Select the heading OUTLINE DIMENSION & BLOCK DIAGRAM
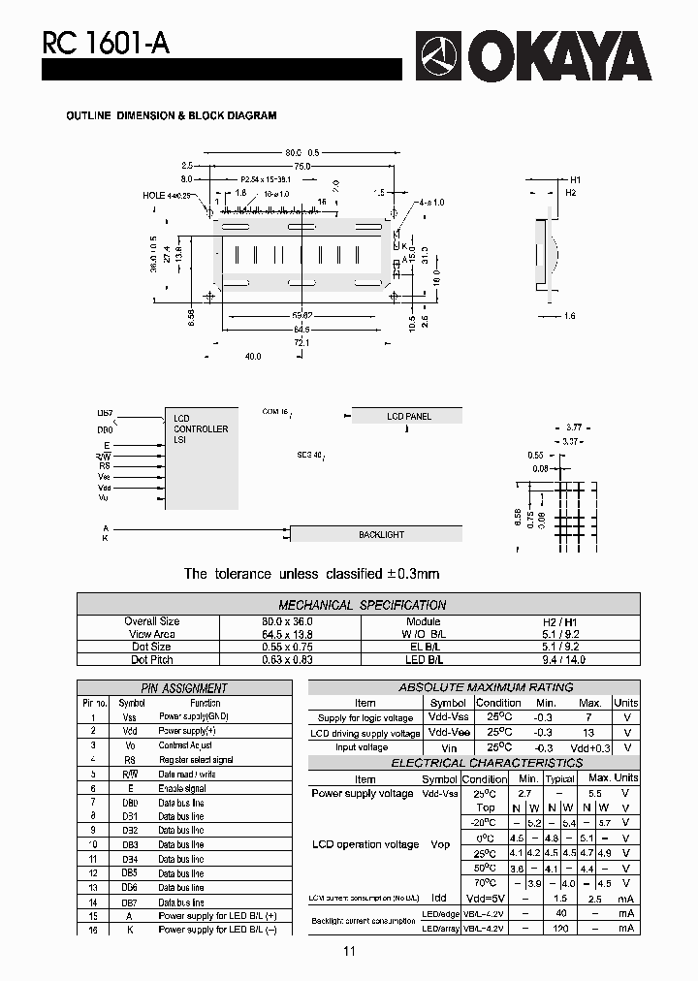(x=171, y=115)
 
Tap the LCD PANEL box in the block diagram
(x=407, y=416)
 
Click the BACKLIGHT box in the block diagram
(x=380, y=534)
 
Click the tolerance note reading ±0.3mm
(x=311, y=574)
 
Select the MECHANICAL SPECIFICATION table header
(x=362, y=604)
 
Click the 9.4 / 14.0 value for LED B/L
(x=568, y=659)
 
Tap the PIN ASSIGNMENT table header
(x=184, y=688)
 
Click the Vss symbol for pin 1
(x=129, y=716)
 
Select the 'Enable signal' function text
(x=181, y=788)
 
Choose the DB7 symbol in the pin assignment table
(x=129, y=902)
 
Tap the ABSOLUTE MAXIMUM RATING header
(x=473, y=687)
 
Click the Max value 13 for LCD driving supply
(x=589, y=733)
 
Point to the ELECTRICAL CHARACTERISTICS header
(x=473, y=763)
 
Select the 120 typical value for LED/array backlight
(x=560, y=928)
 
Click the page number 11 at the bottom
(x=349, y=952)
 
